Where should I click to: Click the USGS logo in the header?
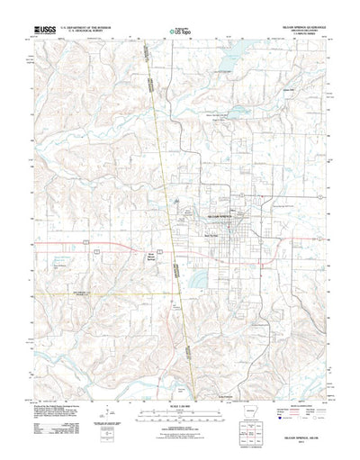tap(44, 30)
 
